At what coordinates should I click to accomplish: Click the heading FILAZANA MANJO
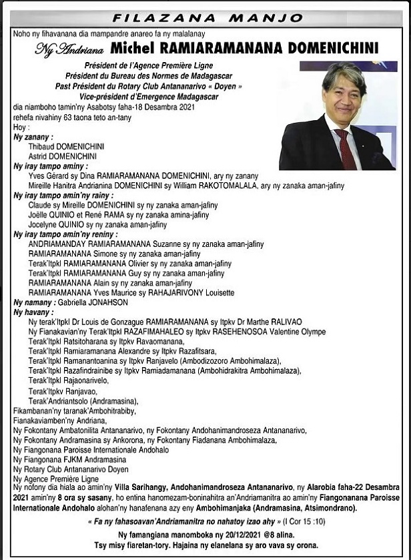pyautogui.click(x=205, y=19)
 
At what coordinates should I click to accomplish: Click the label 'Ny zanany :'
pyautogui.click(x=33, y=136)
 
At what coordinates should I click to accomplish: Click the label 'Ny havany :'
pyautogui.click(x=33, y=312)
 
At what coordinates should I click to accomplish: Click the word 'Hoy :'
pyautogui.click(x=22, y=126)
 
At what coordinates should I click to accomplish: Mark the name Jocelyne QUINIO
pyautogui.click(x=56, y=225)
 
